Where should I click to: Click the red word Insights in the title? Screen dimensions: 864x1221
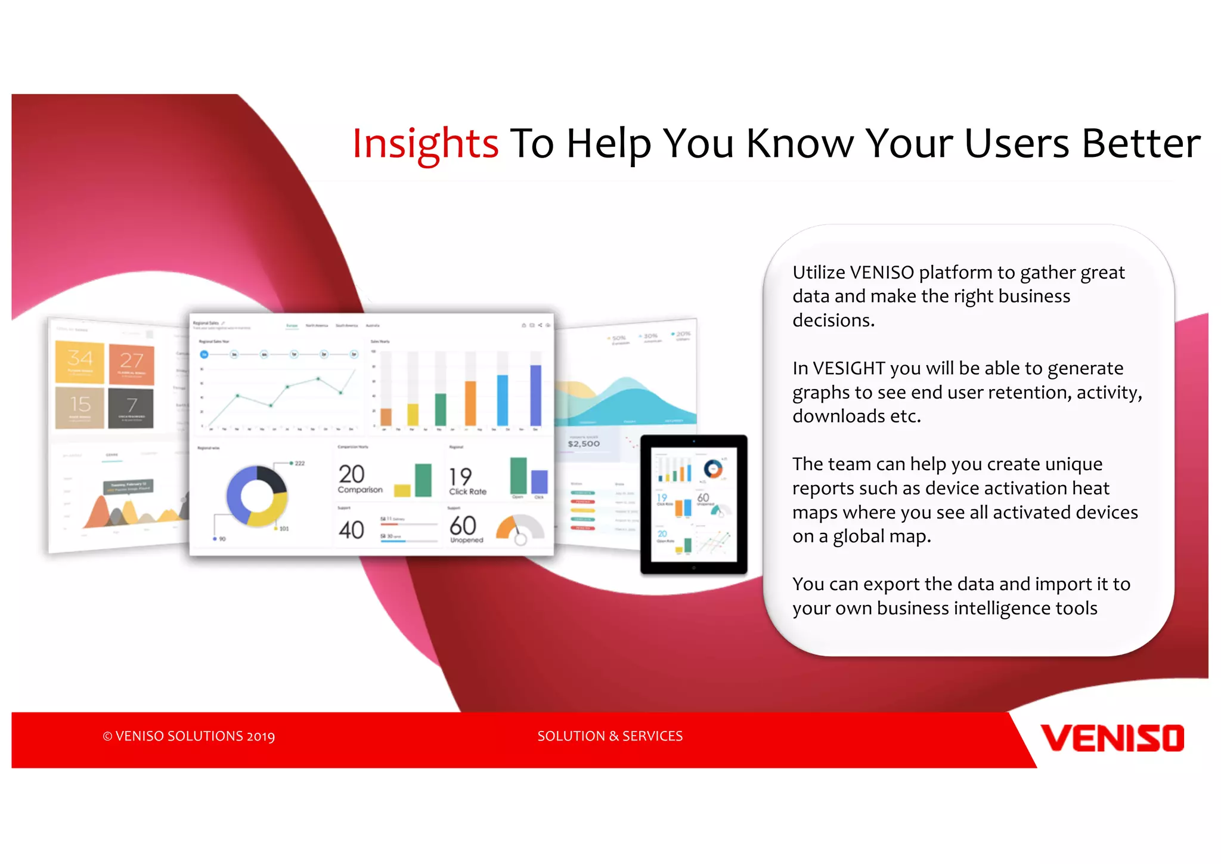(x=425, y=144)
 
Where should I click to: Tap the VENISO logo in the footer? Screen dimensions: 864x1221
(x=1112, y=738)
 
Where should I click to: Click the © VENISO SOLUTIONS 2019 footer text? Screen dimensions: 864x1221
(x=189, y=736)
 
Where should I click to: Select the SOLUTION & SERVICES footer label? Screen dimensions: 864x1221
(x=610, y=736)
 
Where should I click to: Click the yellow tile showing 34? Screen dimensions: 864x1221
(x=80, y=362)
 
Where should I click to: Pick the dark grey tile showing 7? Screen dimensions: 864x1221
(x=131, y=408)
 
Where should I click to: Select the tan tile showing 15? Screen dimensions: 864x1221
(x=80, y=408)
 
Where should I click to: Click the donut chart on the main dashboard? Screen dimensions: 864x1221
(x=257, y=496)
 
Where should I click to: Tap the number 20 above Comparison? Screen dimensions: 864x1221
(x=351, y=474)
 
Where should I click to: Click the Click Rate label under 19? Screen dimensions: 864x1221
(x=467, y=492)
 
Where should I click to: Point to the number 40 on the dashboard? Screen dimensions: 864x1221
(x=351, y=530)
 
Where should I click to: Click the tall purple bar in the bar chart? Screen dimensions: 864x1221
(x=535, y=394)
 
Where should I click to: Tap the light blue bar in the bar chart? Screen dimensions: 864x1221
(x=503, y=399)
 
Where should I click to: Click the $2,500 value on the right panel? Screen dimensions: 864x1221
(x=584, y=444)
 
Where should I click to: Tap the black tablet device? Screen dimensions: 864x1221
(x=693, y=505)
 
